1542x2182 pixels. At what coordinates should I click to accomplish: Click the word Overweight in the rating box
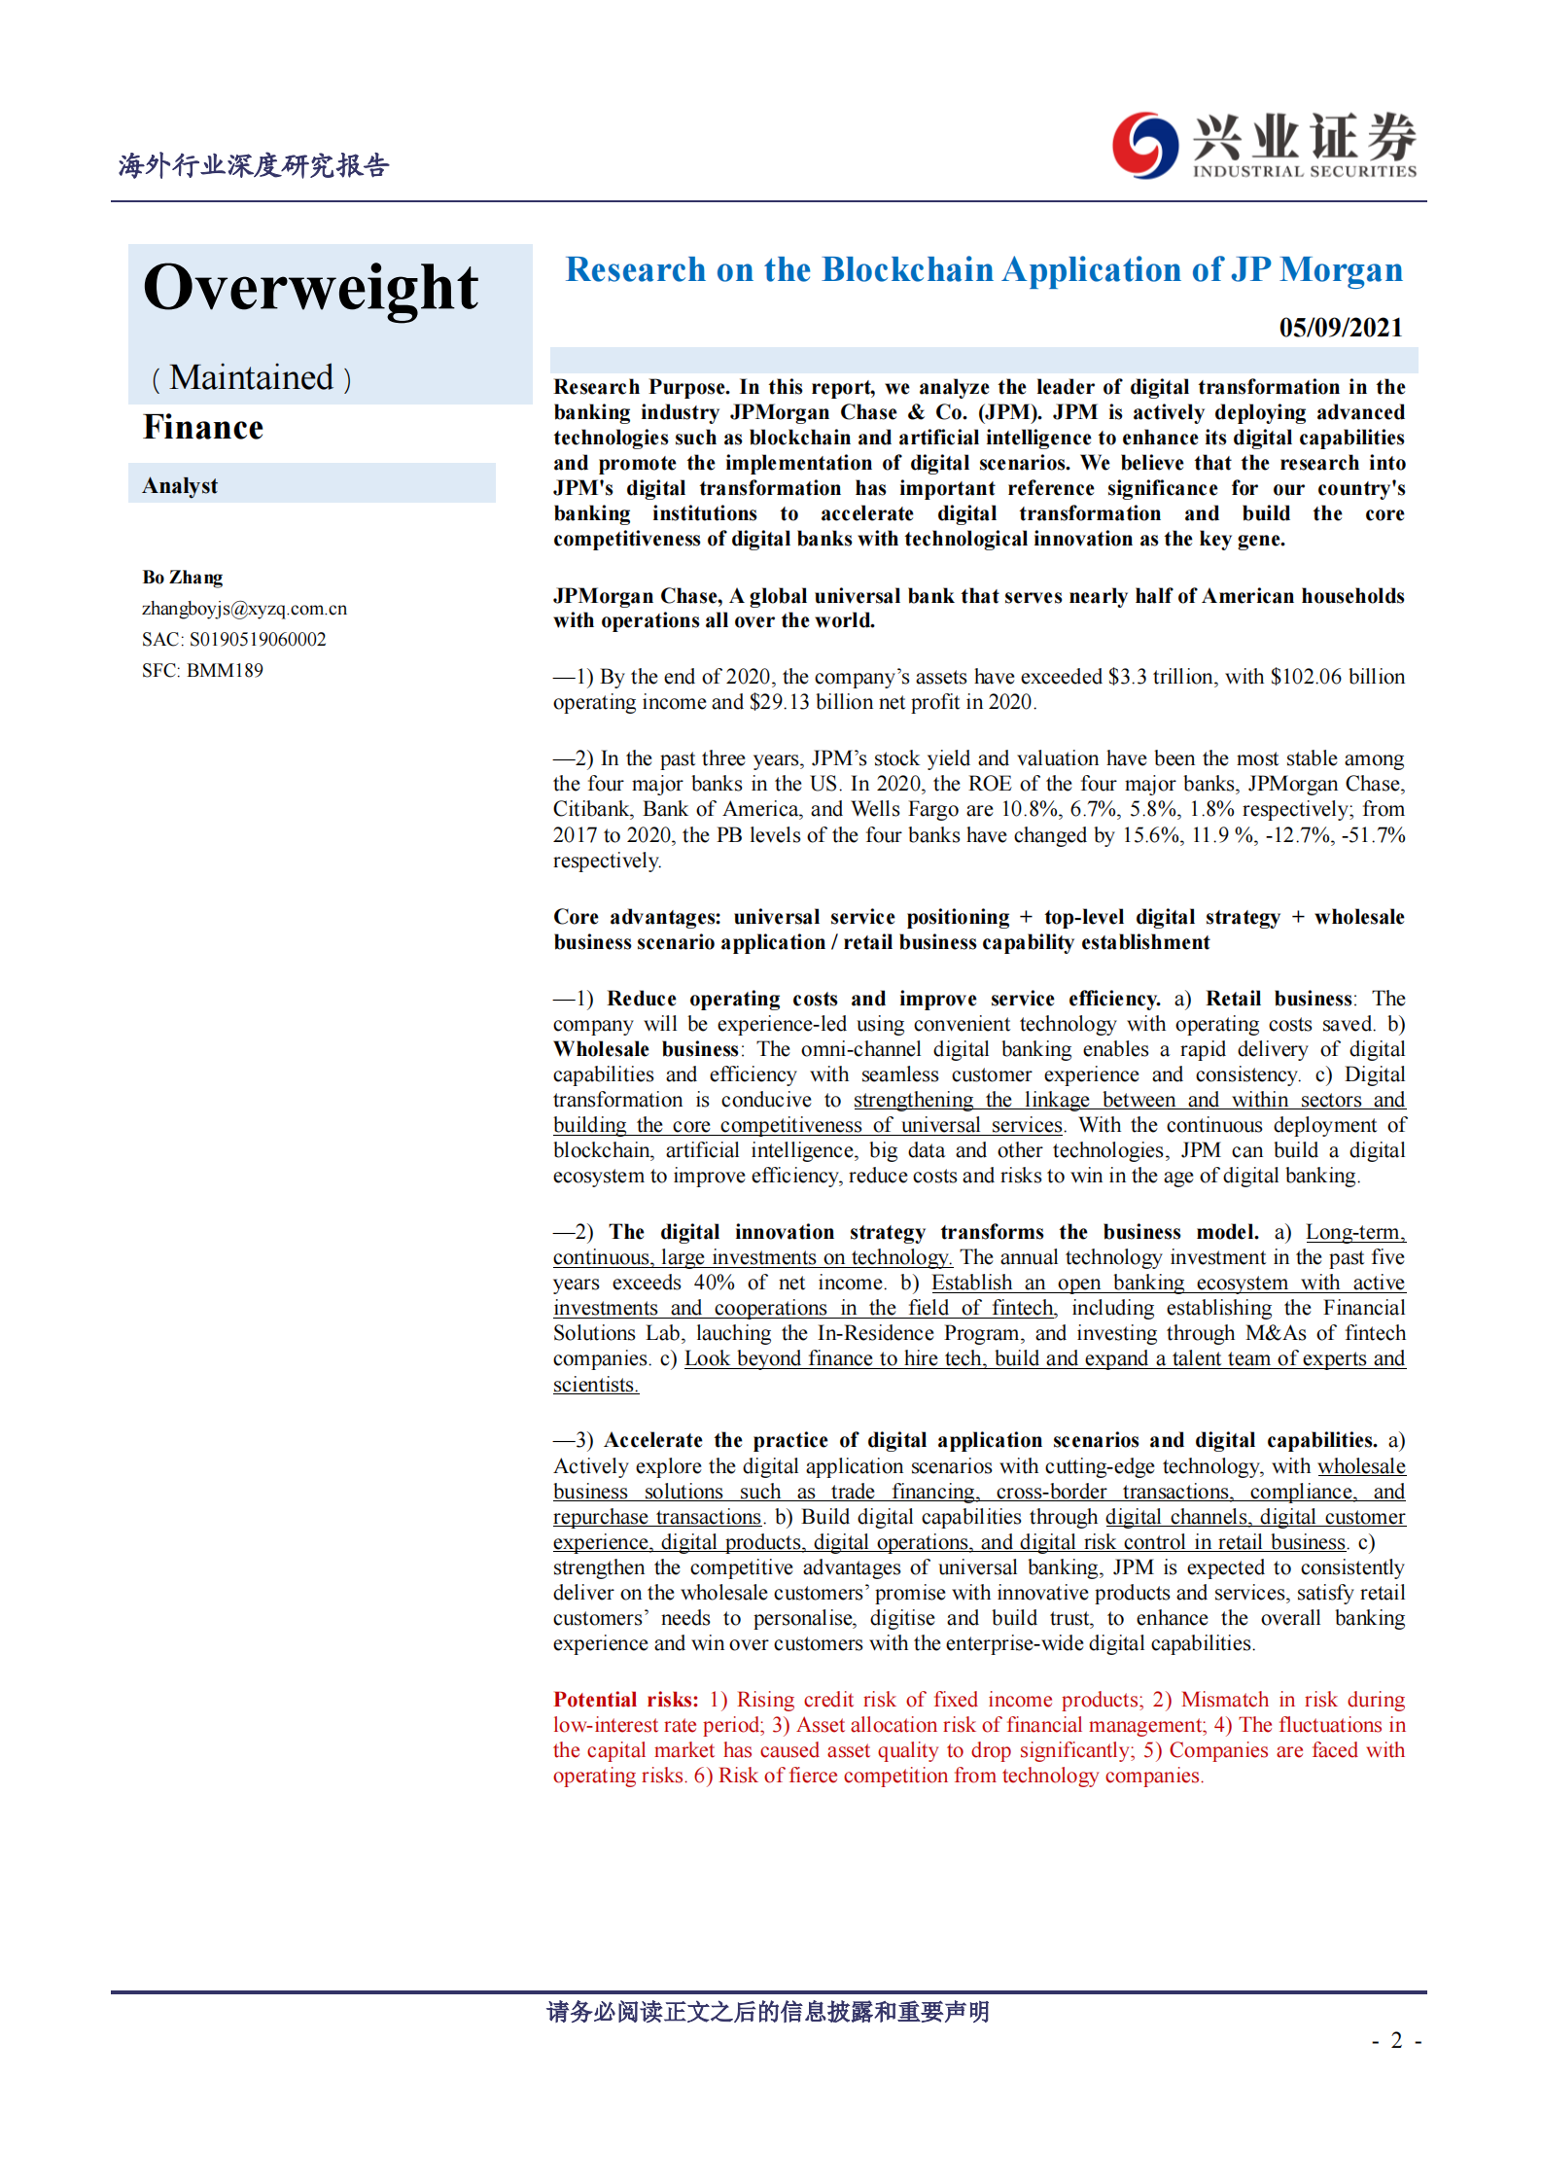pos(310,288)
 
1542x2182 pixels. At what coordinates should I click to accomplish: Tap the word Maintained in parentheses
pos(251,377)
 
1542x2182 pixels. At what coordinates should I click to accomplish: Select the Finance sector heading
pos(203,428)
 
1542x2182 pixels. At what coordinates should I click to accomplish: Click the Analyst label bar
pos(311,484)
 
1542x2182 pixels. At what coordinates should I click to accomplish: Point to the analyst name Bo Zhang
pos(183,578)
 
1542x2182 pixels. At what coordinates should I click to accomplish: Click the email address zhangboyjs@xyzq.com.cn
pos(244,609)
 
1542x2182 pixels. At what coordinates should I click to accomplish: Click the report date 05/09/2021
pos(1340,328)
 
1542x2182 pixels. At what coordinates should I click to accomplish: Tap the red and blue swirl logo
pos(1144,146)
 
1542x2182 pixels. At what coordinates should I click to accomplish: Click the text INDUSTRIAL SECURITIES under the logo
pos(1305,172)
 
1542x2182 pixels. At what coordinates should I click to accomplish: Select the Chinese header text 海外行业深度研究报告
pos(254,166)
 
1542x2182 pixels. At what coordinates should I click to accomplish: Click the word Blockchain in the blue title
pos(908,270)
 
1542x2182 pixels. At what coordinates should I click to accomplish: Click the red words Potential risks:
pos(625,1700)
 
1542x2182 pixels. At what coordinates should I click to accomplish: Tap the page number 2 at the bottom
pos(1396,2040)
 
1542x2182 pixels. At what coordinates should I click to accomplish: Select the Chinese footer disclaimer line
pos(768,2012)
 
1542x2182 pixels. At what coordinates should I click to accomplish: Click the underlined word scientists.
pos(594,1385)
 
